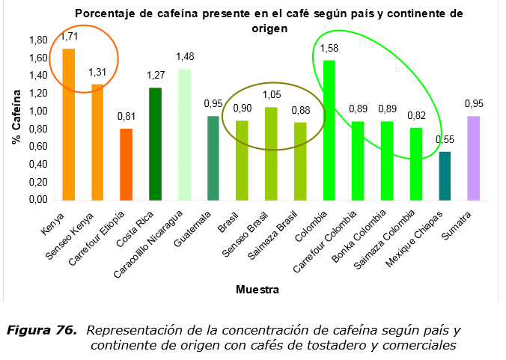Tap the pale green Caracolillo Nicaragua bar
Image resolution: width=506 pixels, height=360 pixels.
[x=184, y=135]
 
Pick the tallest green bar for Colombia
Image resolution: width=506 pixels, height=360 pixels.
[x=328, y=130]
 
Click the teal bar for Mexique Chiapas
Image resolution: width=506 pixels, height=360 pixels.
[x=445, y=176]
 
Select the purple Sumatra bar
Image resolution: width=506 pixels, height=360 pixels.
[x=473, y=158]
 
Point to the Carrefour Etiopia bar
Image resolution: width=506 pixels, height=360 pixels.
[x=126, y=165]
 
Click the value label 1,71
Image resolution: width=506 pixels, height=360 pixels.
[x=70, y=36]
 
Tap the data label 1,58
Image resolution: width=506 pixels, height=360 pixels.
[x=329, y=49]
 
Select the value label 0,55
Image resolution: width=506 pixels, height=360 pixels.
[x=445, y=140]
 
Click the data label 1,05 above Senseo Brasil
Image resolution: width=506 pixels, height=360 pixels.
[x=270, y=95]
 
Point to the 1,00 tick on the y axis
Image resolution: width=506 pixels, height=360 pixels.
[x=38, y=112]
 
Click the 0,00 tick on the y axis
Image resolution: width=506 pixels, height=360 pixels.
[x=38, y=201]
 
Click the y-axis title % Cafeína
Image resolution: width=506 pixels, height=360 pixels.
[x=16, y=120]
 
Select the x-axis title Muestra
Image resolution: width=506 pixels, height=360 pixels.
[x=258, y=289]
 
